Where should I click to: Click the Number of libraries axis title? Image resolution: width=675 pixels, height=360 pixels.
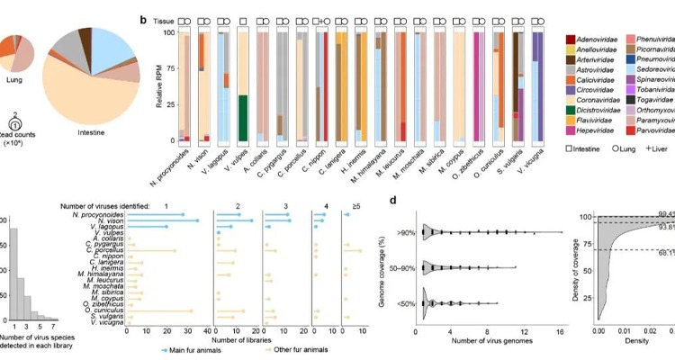click(238, 338)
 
